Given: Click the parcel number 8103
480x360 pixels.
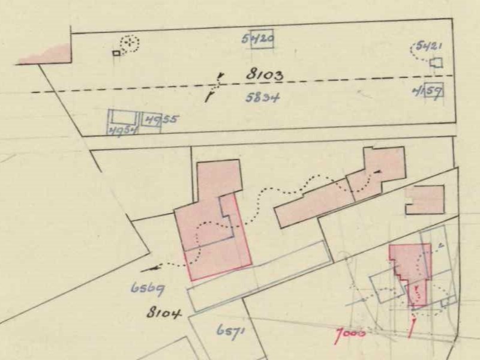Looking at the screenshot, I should tap(264, 76).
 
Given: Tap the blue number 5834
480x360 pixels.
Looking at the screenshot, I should tap(264, 98).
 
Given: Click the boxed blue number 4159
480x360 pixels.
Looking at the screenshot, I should tap(428, 92).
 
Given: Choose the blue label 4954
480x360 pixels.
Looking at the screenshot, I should tap(122, 131).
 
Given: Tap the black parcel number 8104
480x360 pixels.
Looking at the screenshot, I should tap(164, 313).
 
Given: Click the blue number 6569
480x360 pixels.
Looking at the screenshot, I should tap(148, 288).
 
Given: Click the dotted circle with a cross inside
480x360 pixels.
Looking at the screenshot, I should tap(129, 43).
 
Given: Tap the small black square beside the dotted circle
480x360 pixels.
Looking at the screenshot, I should tap(116, 53).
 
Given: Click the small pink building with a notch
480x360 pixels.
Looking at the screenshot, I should tap(425, 199).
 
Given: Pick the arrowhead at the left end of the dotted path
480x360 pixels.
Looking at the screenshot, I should tap(146, 270).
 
